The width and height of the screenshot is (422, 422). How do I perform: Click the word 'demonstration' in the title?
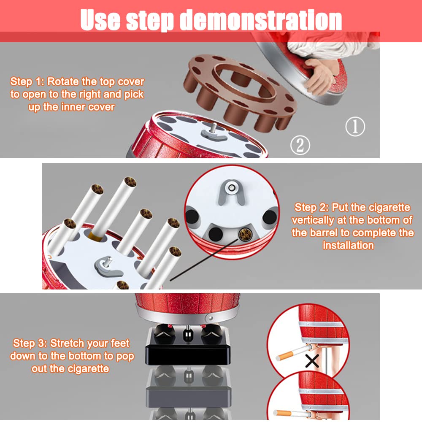click(x=261, y=20)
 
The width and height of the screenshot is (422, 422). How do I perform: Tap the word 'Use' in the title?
click(x=100, y=20)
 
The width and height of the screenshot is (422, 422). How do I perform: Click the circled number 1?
click(x=355, y=126)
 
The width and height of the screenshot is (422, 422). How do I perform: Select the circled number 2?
click(x=300, y=145)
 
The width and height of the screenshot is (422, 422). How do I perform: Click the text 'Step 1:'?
click(x=27, y=81)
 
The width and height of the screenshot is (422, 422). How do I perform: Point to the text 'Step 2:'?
click(x=311, y=208)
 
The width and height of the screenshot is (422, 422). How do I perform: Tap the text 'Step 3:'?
click(x=30, y=344)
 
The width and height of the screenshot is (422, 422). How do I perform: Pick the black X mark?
click(x=312, y=361)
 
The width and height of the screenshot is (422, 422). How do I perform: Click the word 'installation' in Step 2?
click(x=348, y=246)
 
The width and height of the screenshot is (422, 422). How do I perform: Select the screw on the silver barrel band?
click(x=210, y=318)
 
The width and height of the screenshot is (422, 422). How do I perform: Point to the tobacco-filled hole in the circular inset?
click(x=245, y=234)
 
